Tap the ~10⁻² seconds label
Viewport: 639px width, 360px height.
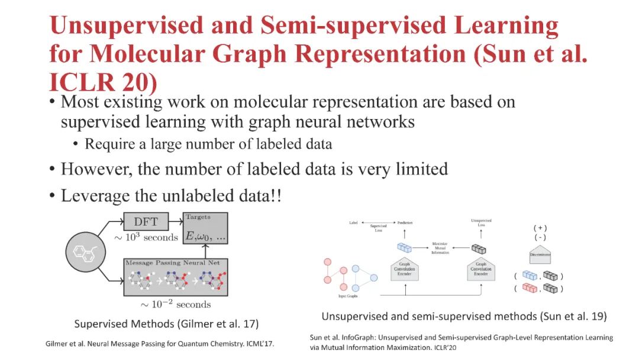[x=175, y=304]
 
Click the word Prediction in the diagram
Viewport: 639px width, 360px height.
[x=405, y=223]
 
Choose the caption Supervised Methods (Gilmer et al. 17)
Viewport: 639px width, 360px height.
[x=166, y=324]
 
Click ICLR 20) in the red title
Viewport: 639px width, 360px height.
[x=103, y=83]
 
